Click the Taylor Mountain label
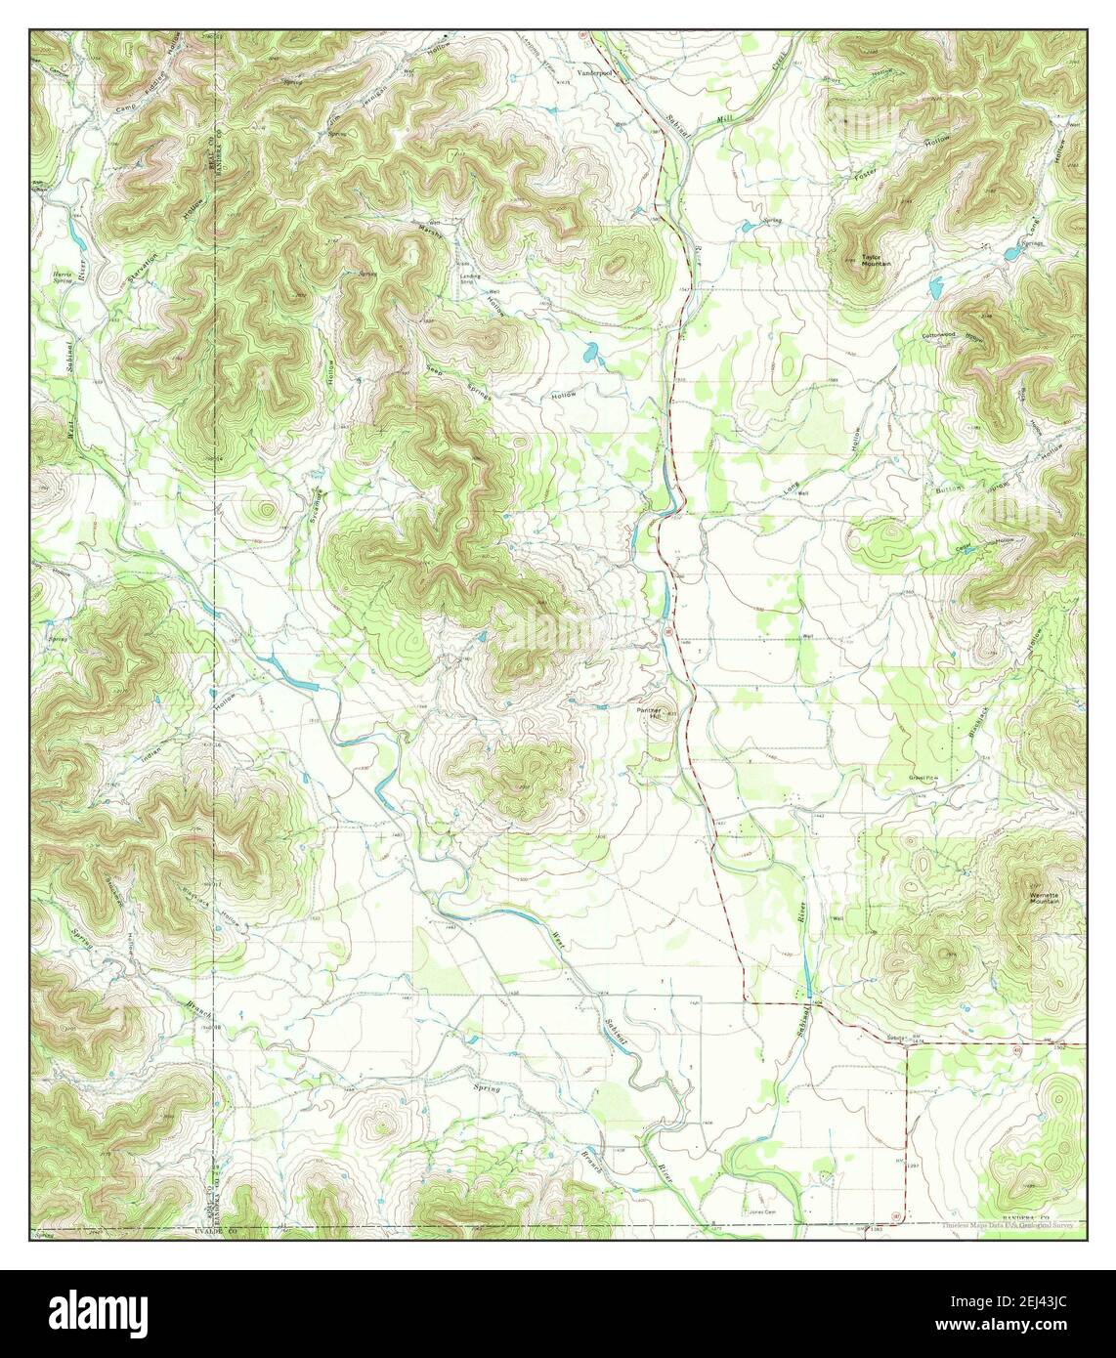pos(875,261)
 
